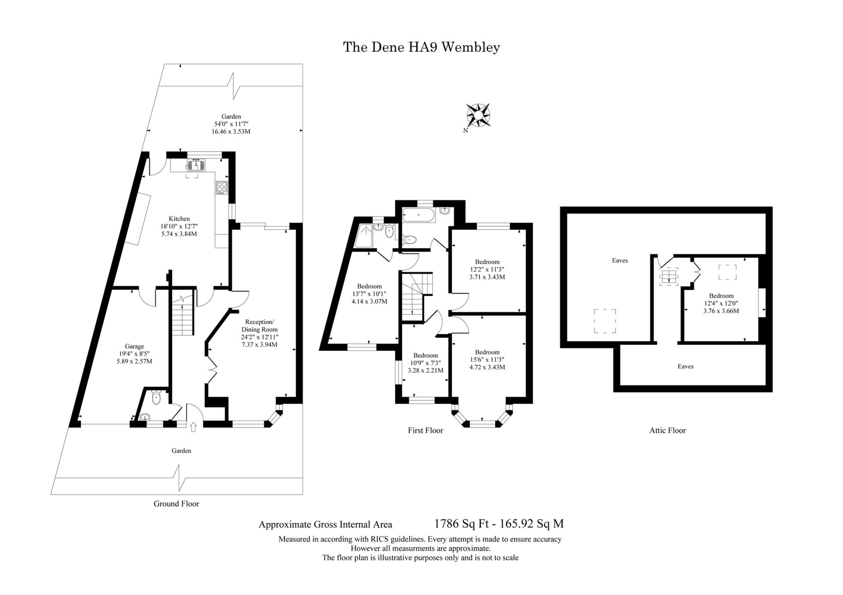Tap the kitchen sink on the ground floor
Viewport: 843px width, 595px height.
pyautogui.click(x=196, y=165)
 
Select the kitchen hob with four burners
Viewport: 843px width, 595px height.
pyautogui.click(x=222, y=188)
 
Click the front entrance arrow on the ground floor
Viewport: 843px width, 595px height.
pyautogui.click(x=193, y=427)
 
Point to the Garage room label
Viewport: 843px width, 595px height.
pyautogui.click(x=134, y=346)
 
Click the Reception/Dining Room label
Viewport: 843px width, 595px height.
pyautogui.click(x=259, y=325)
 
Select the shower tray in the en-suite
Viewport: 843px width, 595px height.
pyautogui.click(x=364, y=235)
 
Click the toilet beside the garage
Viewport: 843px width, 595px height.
pyautogui.click(x=156, y=398)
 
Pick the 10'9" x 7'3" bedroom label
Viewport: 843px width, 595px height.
pyautogui.click(x=425, y=363)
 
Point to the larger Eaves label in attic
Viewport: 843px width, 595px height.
pyautogui.click(x=620, y=260)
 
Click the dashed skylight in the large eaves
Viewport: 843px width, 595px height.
pyautogui.click(x=605, y=321)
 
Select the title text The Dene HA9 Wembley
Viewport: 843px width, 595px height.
pyautogui.click(x=421, y=47)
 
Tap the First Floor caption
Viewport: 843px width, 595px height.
pyautogui.click(x=425, y=431)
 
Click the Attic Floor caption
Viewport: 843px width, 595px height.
pyautogui.click(x=667, y=431)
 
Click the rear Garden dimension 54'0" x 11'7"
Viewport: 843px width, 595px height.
pyautogui.click(x=231, y=124)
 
